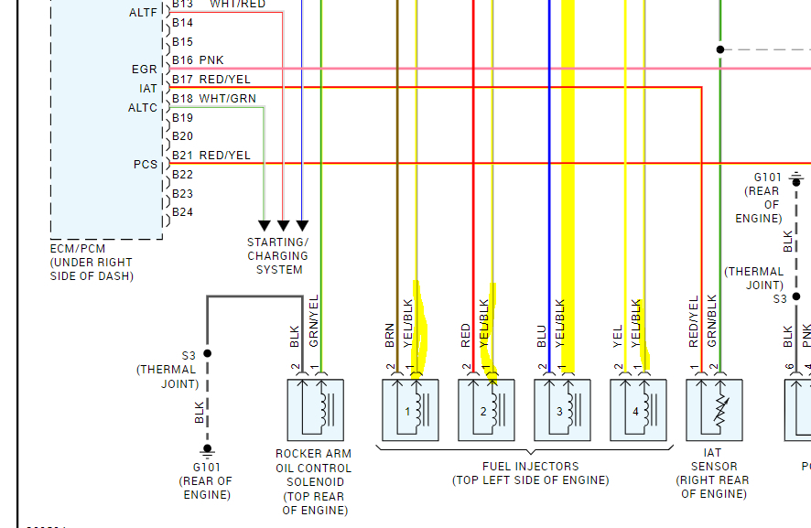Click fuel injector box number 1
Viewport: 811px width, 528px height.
pyautogui.click(x=410, y=411)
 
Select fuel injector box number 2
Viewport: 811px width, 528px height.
pyautogui.click(x=486, y=411)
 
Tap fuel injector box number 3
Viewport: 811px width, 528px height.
pyautogui.click(x=562, y=411)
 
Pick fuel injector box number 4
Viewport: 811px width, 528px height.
pyautogui.click(x=638, y=411)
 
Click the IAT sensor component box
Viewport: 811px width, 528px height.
pyautogui.click(x=714, y=411)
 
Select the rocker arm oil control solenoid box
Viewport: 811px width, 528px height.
pyautogui.click(x=315, y=411)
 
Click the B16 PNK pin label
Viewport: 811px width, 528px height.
pyautogui.click(x=198, y=60)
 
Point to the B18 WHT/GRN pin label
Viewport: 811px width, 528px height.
pyautogui.click(x=213, y=99)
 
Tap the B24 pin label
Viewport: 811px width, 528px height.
pyautogui.click(x=182, y=212)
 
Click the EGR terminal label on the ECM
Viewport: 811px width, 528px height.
pyautogui.click(x=144, y=69)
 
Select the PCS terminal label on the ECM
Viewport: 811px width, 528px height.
pyautogui.click(x=145, y=165)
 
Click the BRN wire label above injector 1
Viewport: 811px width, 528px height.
pyautogui.click(x=390, y=336)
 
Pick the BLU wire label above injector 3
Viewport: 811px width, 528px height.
pyautogui.click(x=542, y=336)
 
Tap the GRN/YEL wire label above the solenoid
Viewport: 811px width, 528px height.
pyautogui.click(x=314, y=321)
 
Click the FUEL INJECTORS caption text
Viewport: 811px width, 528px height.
pyautogui.click(x=530, y=473)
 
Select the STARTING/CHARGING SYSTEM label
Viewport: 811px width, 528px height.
pyautogui.click(x=279, y=256)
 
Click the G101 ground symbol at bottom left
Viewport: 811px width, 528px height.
pyautogui.click(x=207, y=450)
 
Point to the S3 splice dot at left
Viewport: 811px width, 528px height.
pyautogui.click(x=208, y=353)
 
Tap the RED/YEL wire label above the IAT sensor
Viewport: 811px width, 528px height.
pyautogui.click(x=694, y=322)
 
